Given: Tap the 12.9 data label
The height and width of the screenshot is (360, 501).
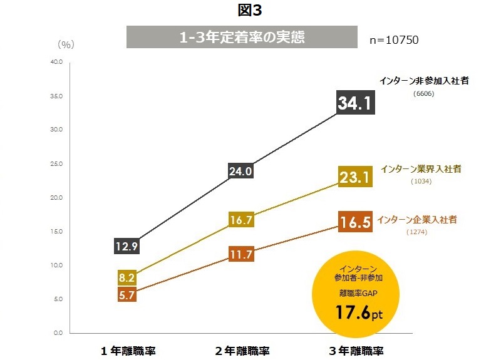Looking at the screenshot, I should coord(126,246).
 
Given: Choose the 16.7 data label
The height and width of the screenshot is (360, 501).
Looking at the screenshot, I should coord(241,220).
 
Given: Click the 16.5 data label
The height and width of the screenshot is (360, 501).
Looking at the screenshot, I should coord(356,222).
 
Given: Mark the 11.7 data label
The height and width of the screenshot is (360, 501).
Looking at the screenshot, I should coord(241,255).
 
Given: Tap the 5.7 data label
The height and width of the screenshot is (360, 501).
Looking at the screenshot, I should coord(127,295).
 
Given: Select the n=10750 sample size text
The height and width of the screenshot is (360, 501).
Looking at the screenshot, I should coord(394,39).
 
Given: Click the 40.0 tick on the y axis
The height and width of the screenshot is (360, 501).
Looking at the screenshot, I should coord(56,62).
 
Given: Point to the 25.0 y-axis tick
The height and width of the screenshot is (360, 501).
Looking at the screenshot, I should coord(56,164).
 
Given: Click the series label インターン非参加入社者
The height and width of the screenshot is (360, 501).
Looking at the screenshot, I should coord(425,81).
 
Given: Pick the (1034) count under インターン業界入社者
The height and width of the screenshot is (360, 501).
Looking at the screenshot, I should coord(421,182).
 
